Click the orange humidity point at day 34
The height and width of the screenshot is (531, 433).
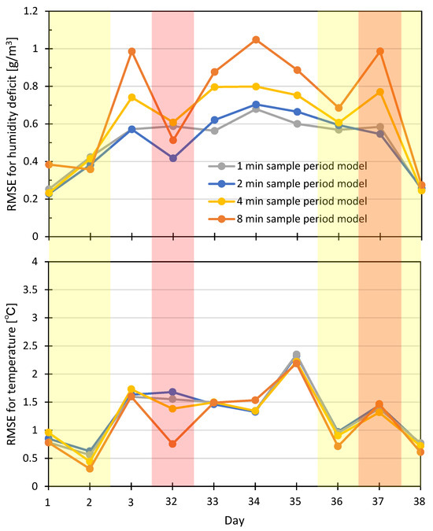tap(257, 39)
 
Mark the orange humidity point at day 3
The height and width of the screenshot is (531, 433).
tap(131, 51)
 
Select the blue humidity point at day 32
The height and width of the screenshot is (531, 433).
tap(173, 158)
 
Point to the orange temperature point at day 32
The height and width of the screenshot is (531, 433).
tap(173, 444)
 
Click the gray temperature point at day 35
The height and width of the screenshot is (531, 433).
tap(298, 355)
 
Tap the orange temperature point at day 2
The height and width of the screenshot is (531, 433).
tap(90, 468)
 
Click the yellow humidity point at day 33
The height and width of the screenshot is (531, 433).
tap(215, 87)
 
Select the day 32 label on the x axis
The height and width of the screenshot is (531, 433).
tap(172, 500)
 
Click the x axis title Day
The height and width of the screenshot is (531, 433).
tap(235, 520)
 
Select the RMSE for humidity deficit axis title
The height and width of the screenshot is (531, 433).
tap(9, 124)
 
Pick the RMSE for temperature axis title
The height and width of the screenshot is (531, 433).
tap(9, 374)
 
